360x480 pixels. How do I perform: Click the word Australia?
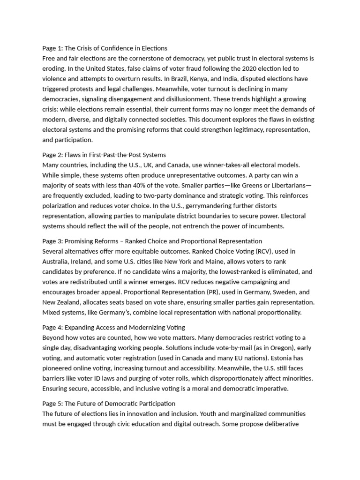point(57,262)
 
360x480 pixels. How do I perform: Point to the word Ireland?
point(89,262)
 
